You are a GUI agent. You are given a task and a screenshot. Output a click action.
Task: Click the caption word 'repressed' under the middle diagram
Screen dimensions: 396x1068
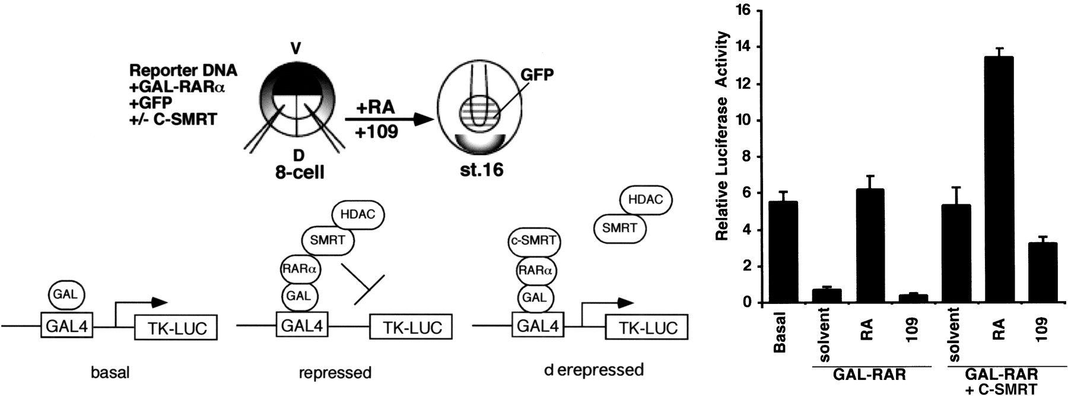click(335, 373)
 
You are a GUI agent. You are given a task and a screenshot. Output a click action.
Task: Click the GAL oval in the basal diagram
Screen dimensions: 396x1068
click(66, 294)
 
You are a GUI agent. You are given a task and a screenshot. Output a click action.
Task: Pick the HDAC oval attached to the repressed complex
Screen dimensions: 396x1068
click(358, 214)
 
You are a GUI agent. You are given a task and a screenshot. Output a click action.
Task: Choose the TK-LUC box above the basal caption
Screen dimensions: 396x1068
click(176, 328)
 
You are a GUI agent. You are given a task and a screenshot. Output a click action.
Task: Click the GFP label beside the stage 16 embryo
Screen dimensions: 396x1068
click(536, 74)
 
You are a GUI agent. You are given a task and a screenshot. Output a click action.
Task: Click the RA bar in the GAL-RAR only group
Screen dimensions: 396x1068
click(870, 246)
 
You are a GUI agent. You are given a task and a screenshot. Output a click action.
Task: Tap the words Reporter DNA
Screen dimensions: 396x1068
click(183, 70)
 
